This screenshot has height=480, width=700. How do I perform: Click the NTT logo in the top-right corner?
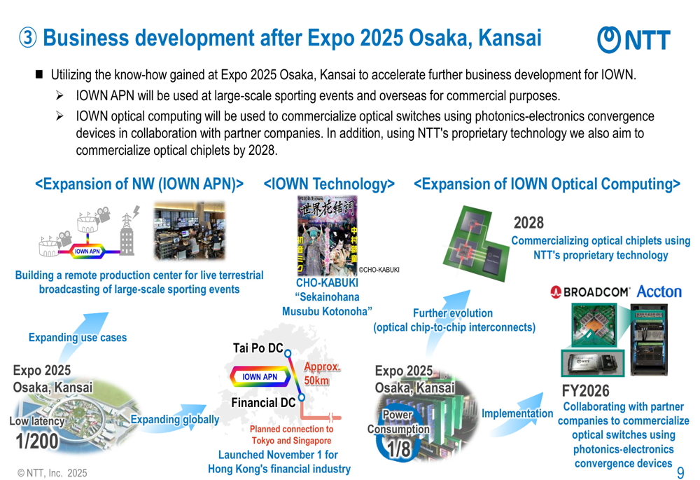(633, 39)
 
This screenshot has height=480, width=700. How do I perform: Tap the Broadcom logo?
(591, 292)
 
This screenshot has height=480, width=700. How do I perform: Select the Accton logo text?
(659, 292)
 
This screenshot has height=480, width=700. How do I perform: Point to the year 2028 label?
(528, 223)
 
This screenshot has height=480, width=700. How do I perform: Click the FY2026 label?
(585, 390)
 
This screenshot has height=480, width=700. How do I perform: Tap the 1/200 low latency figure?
(37, 441)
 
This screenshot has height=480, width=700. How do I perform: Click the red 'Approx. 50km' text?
(321, 373)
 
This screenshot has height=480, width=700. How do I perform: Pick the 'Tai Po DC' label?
(258, 348)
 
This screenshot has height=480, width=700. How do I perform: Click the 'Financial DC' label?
(263, 402)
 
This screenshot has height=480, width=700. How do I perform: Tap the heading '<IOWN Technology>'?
(328, 184)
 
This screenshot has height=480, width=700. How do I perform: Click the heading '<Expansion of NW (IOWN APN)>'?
(139, 184)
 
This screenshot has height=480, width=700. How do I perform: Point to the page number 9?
(680, 472)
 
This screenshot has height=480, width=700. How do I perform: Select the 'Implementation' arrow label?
(517, 413)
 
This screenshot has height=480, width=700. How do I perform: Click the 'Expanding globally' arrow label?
(174, 419)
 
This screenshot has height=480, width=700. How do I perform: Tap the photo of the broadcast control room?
(189, 231)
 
